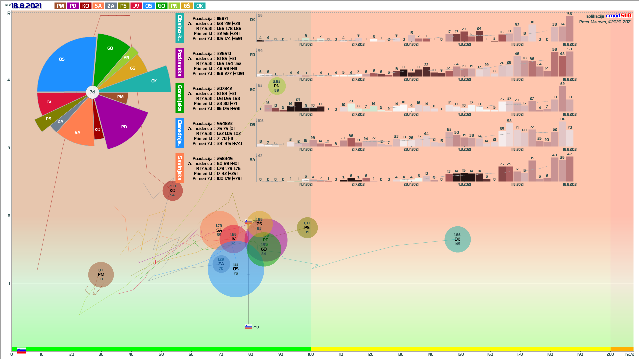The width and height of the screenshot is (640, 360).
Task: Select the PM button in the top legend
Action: coord(60,6)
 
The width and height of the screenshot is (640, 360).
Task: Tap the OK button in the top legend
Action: coord(199,6)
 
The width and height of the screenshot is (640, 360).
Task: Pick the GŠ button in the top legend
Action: coord(187,6)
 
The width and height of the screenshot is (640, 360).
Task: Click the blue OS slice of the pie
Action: coord(67,63)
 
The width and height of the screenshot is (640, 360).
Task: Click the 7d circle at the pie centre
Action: coord(92,92)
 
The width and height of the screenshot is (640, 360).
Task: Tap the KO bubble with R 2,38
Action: coord(172,191)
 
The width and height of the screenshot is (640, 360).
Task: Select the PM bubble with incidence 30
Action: coord(101,275)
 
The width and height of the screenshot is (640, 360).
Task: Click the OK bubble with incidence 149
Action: coord(457,239)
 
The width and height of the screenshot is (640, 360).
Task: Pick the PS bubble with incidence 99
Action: coord(307,228)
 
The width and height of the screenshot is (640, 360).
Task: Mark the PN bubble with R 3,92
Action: coord(277,86)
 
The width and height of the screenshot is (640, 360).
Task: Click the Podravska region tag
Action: coord(180,63)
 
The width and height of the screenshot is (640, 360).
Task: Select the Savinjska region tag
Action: coord(180,168)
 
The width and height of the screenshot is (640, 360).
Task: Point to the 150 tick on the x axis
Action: coord(460,354)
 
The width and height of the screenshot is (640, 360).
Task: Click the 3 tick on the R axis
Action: coord(9,148)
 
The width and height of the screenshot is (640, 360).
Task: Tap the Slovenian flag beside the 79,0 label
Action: coord(248,327)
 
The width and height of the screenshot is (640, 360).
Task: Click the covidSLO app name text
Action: coord(618,16)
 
